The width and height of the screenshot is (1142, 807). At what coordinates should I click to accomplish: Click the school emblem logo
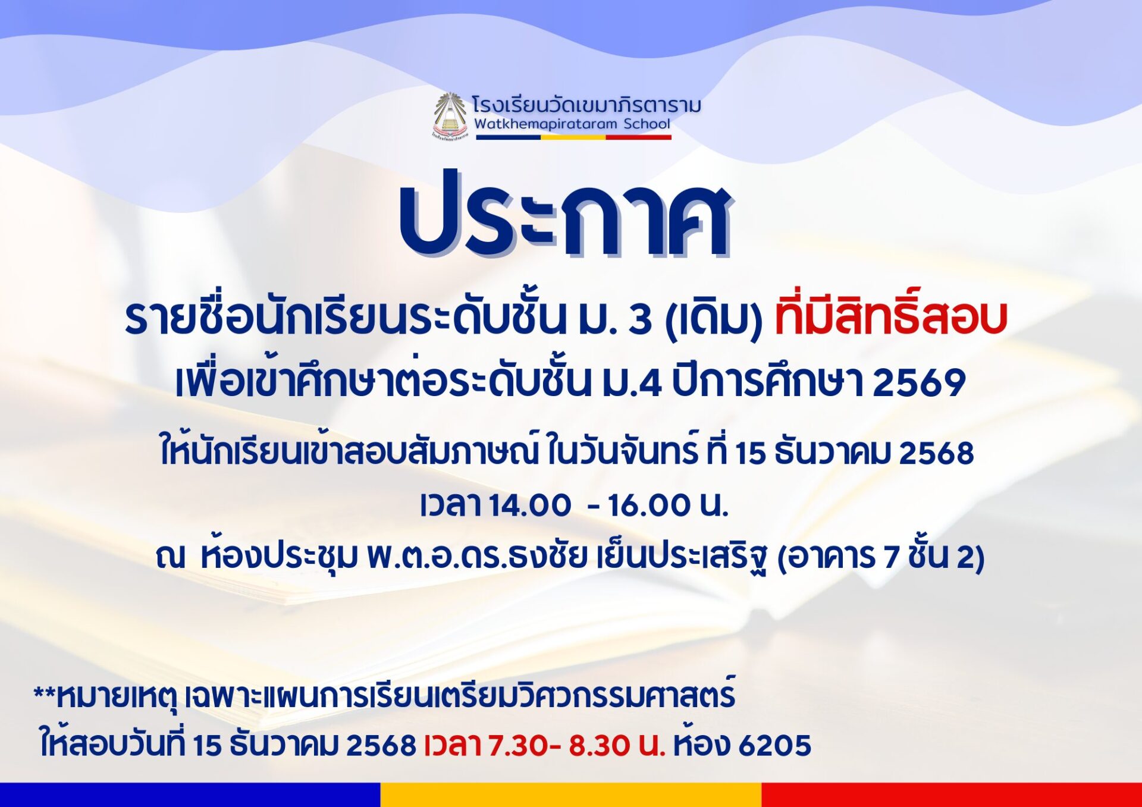click(x=450, y=116)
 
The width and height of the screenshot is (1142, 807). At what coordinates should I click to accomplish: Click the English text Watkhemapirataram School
click(x=572, y=124)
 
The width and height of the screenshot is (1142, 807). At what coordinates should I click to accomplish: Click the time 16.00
click(x=650, y=505)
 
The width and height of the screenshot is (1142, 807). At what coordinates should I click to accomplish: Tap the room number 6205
click(x=775, y=745)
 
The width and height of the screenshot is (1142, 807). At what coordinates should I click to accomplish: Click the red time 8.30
click(x=600, y=745)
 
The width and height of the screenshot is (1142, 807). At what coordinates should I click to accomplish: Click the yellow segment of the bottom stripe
click(x=571, y=795)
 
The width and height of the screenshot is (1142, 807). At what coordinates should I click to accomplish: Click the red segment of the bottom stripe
click(x=952, y=795)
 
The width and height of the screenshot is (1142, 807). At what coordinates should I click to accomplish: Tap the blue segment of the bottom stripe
click(x=190, y=795)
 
